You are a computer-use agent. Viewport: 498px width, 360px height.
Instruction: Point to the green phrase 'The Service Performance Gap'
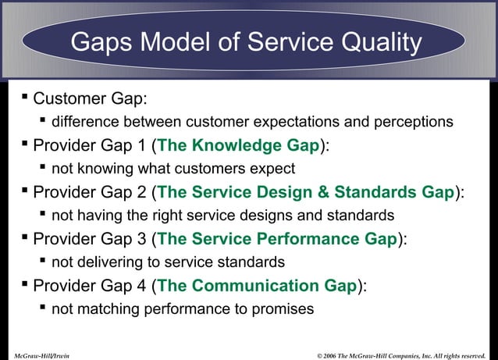tap(277, 239)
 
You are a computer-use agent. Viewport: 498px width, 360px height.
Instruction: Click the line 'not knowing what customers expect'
tap(173, 169)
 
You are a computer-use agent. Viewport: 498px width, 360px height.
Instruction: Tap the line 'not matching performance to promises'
tap(183, 309)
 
